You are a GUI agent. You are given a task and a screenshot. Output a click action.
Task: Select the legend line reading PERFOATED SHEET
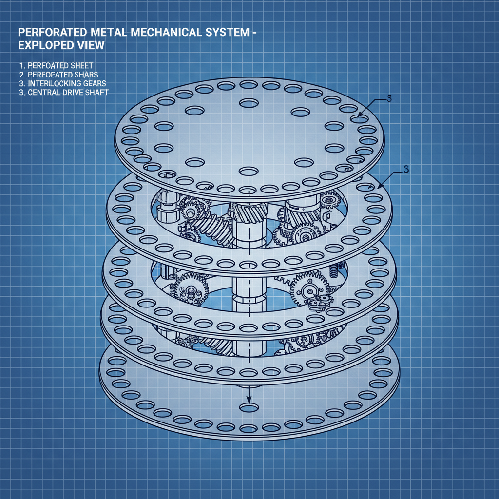pyautogui.click(x=55, y=65)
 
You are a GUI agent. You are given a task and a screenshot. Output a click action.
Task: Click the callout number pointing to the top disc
pyautogui.click(x=389, y=99)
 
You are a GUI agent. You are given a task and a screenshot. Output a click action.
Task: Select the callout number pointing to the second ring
pyautogui.click(x=406, y=169)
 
